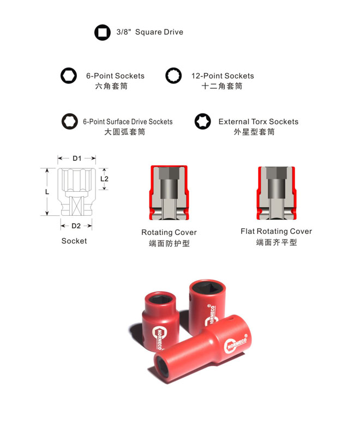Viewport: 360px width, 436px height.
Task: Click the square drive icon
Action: coord(103,33)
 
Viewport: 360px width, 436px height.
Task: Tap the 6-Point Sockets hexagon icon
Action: coord(69,76)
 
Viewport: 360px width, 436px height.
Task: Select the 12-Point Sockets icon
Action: coord(173,76)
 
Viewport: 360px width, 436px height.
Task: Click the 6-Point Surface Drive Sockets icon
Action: coord(70,122)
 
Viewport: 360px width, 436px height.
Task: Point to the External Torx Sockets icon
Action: coord(202,122)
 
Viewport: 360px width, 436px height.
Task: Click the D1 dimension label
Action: coord(77,159)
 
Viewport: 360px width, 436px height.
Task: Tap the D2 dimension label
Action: coord(76,226)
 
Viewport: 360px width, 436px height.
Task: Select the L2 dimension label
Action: coord(104,179)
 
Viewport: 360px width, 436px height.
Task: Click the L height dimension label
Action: coord(47,192)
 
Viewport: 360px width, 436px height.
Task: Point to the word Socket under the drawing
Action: coord(74,241)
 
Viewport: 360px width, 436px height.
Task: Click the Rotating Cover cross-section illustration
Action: coord(169,193)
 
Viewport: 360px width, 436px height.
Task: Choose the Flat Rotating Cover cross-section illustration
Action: coord(276,193)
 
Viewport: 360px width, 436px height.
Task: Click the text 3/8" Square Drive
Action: coord(149,32)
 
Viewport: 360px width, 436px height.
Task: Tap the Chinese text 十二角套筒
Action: coord(222,86)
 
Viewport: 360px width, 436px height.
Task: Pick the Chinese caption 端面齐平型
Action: coord(276,243)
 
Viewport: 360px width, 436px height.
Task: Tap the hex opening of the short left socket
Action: coord(159,299)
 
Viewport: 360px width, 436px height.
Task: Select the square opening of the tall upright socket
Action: coord(207,287)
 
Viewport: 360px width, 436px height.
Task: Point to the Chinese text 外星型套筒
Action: coord(254,132)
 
